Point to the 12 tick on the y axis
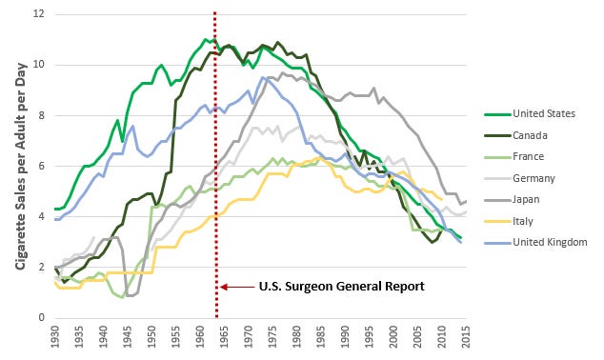point(40,14)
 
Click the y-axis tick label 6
point(42,166)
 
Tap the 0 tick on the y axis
point(42,318)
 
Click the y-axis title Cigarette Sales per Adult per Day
point(22,166)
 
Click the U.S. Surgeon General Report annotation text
point(342,287)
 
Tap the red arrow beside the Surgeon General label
point(237,287)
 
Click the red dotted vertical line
point(215,165)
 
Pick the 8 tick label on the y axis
point(42,115)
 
